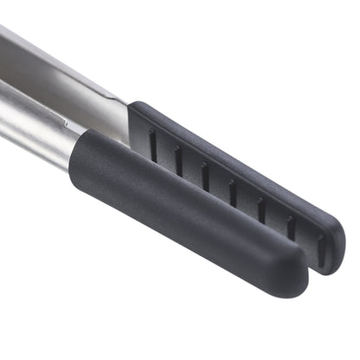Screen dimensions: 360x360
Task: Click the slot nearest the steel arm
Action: pos(152,145)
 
